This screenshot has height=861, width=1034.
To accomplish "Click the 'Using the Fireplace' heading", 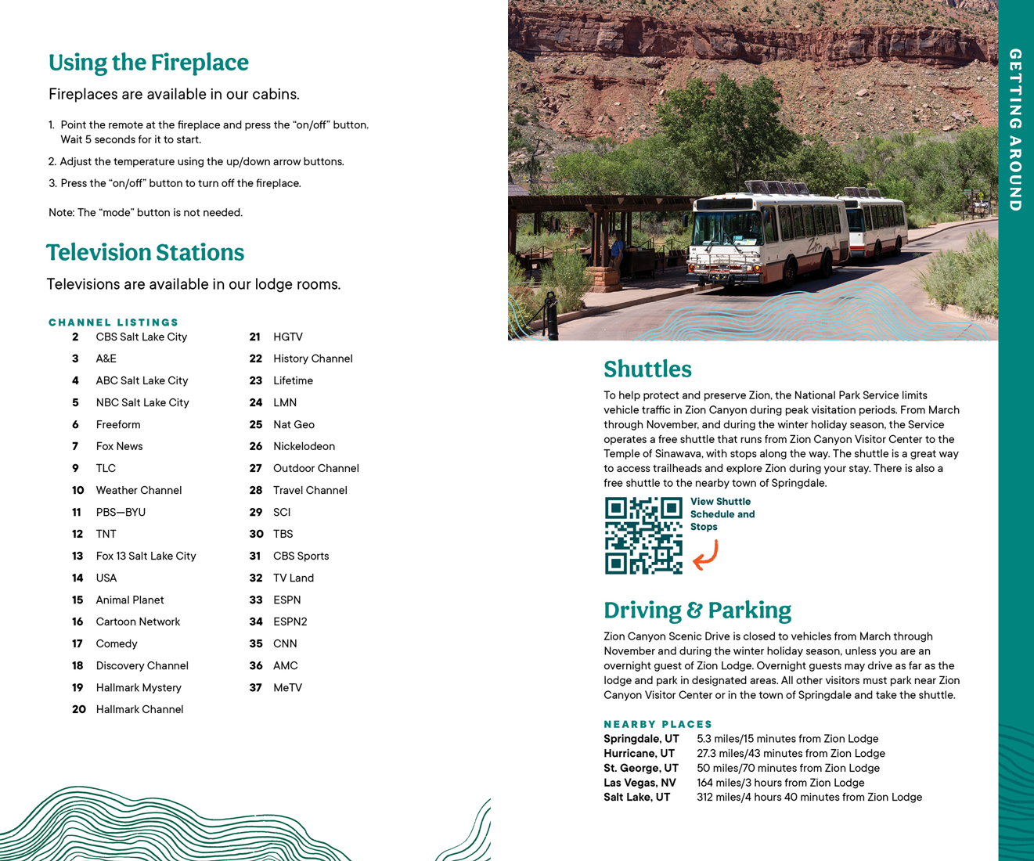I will [x=149, y=63].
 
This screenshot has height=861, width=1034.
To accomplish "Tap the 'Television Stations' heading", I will [x=145, y=252].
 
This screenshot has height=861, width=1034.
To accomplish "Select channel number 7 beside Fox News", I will [x=75, y=446].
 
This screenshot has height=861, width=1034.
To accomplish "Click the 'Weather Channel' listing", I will [x=139, y=490].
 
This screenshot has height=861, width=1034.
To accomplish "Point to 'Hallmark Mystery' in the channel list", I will [x=139, y=687].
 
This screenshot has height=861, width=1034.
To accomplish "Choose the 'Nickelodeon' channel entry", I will [x=304, y=446].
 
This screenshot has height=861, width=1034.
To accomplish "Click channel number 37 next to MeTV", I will [x=255, y=687].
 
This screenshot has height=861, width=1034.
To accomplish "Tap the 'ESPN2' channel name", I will [x=290, y=621].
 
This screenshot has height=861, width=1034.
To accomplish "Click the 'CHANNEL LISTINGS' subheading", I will [x=113, y=322].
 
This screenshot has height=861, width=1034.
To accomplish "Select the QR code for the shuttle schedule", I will [x=643, y=535].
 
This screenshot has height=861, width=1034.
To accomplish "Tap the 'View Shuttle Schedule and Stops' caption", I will [x=722, y=514].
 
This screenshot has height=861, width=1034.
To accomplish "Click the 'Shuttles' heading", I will [x=647, y=369].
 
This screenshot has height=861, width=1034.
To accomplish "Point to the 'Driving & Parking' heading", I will [x=697, y=610].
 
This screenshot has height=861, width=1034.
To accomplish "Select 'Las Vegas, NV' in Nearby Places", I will [x=639, y=783].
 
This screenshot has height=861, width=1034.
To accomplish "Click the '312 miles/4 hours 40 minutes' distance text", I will [x=809, y=798].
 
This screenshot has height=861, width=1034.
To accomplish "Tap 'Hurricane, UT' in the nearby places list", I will [x=639, y=754].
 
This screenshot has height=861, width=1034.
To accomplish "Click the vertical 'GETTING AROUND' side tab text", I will [x=1015, y=130].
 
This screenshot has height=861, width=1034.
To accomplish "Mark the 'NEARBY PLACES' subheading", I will [x=658, y=724].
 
